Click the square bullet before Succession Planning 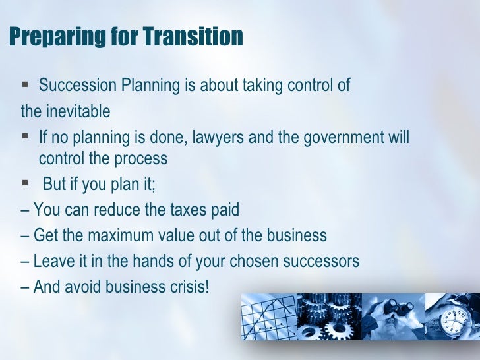pos(26,85)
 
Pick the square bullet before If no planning pos(26,138)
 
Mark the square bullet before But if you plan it pos(26,184)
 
